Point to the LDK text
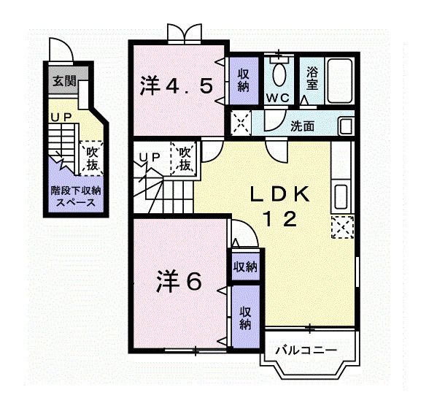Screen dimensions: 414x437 click(x=280, y=195)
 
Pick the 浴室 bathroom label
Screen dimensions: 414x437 click(x=312, y=78)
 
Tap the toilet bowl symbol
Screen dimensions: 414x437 click(x=277, y=74)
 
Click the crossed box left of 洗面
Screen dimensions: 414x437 click(x=241, y=121)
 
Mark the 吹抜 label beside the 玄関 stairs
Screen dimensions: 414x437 click(x=91, y=158)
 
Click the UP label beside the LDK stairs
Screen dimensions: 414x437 click(x=150, y=156)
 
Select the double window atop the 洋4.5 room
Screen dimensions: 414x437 click(x=182, y=34)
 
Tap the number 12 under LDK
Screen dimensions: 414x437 click(x=280, y=220)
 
